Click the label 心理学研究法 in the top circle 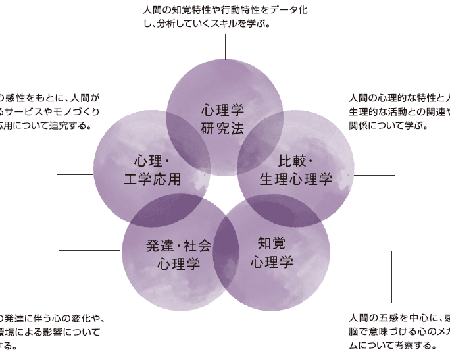point(223,116)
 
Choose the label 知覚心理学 point(272,251)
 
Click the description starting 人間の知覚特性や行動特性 point(224,16)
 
